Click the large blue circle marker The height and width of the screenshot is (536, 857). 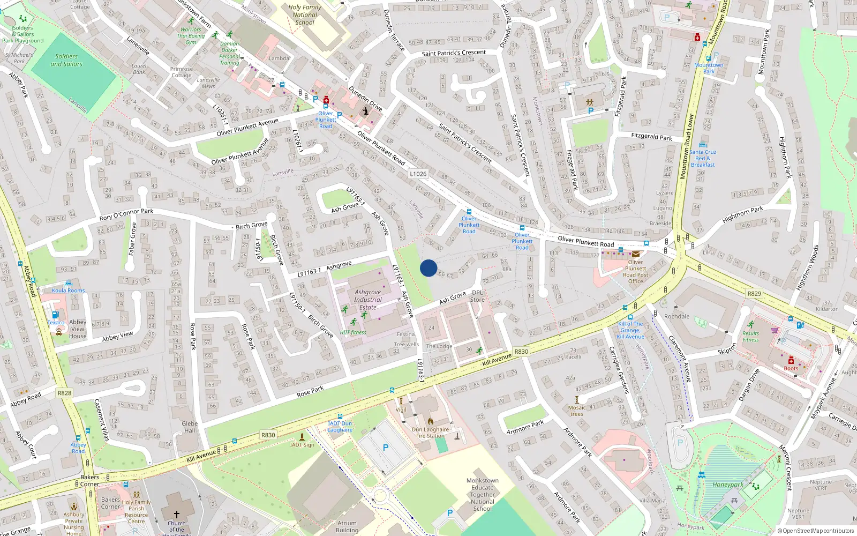tap(428, 268)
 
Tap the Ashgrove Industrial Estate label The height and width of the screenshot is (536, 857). tap(368, 300)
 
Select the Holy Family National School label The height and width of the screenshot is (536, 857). tap(305, 15)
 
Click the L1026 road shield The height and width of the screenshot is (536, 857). tap(418, 174)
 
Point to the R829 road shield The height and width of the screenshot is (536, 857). tap(754, 294)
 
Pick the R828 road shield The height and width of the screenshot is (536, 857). tap(64, 393)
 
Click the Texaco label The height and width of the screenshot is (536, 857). tap(56, 323)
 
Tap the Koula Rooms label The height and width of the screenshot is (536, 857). tap(68, 291)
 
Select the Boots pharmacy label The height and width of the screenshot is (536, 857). tap(791, 368)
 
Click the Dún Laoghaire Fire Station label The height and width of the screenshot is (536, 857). tap(431, 433)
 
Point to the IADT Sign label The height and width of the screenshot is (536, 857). tap(303, 445)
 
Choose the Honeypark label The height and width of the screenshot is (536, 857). tap(728, 485)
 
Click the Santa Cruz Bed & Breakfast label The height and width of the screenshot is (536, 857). tap(703, 158)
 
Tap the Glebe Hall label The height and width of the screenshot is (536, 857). tap(190, 427)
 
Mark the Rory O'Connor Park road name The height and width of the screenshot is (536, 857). tap(126, 214)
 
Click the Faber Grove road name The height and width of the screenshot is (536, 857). tap(132, 239)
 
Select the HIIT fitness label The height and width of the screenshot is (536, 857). tap(353, 332)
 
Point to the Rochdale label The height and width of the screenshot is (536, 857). tap(677, 316)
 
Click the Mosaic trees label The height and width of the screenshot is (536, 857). tap(577, 411)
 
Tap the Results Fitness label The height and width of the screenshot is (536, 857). tap(750, 336)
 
